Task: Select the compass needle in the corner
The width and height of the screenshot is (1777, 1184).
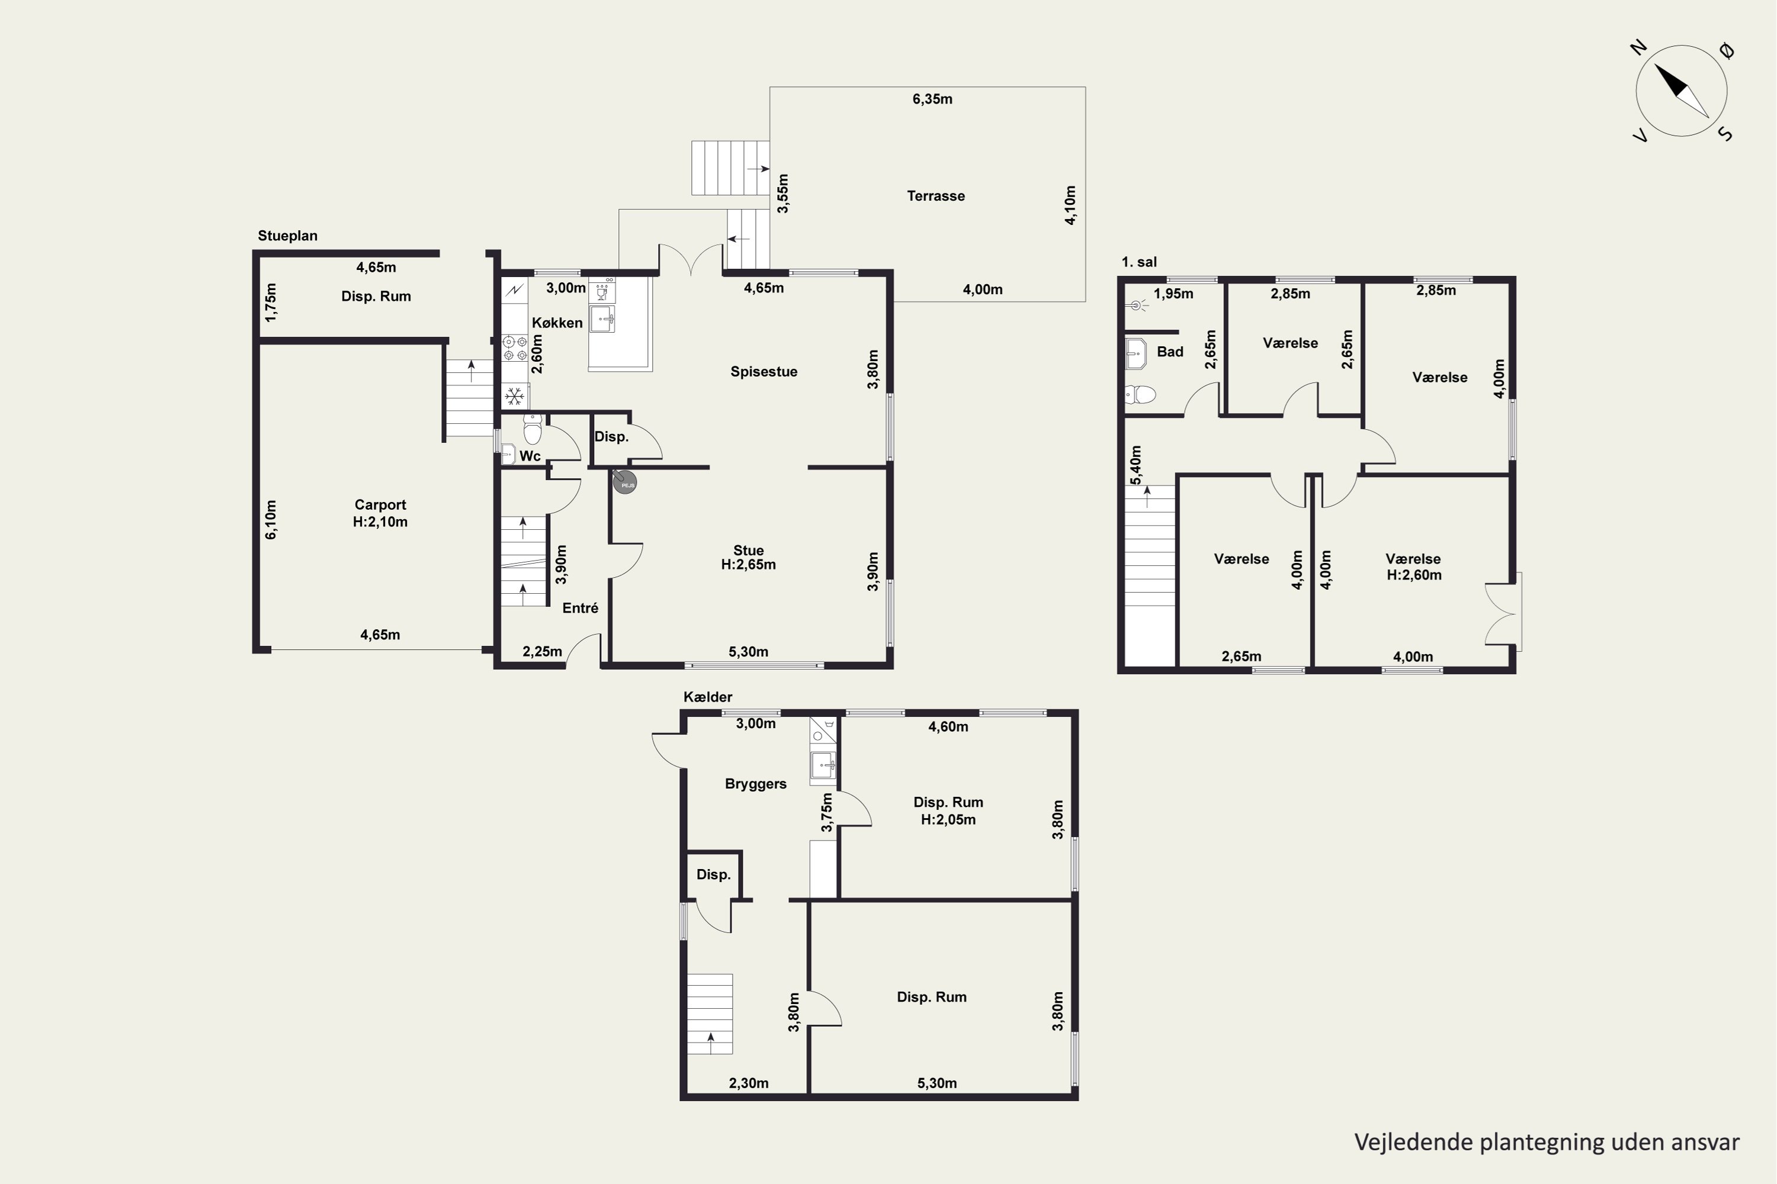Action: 1681,91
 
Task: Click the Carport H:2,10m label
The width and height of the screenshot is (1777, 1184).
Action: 380,513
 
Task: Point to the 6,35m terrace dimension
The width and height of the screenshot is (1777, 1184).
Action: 932,99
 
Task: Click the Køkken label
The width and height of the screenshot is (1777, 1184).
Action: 557,323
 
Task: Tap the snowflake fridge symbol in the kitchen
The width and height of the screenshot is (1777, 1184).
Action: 515,395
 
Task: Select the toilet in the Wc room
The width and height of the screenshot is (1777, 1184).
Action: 533,430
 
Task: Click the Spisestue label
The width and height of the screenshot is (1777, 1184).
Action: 764,372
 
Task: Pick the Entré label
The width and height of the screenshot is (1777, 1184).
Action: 580,608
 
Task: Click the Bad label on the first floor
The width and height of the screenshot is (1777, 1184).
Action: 1169,352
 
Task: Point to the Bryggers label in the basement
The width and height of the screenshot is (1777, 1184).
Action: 756,784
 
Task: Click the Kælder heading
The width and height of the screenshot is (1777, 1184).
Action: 708,697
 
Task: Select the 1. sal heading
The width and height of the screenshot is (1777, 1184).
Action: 1139,262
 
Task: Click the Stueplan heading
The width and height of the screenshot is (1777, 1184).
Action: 287,236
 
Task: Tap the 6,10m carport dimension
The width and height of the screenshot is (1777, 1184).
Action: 271,520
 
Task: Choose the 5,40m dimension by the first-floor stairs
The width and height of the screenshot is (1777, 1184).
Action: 1136,466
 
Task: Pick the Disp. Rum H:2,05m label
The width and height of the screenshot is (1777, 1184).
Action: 948,811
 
